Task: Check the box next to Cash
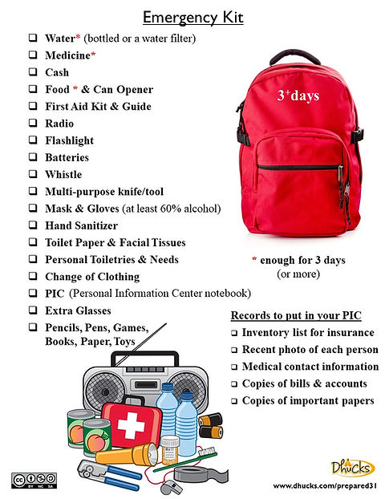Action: [33, 72]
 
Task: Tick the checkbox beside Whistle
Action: [33, 174]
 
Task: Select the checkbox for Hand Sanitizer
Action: [33, 225]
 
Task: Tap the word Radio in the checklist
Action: [59, 124]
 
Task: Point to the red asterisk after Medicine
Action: [93, 55]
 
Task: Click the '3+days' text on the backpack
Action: [298, 95]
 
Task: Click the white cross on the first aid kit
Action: [130, 427]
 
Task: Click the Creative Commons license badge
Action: [27, 480]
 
